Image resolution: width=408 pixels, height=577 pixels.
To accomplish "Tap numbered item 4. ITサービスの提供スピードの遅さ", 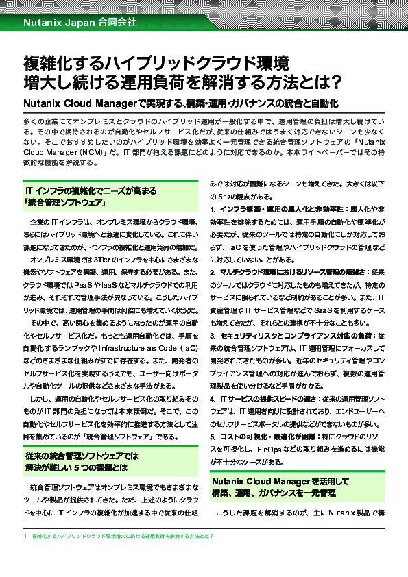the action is pyautogui.click(x=274, y=398).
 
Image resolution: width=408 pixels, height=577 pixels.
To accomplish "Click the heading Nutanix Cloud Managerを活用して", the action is pyautogui.click(x=280, y=482).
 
